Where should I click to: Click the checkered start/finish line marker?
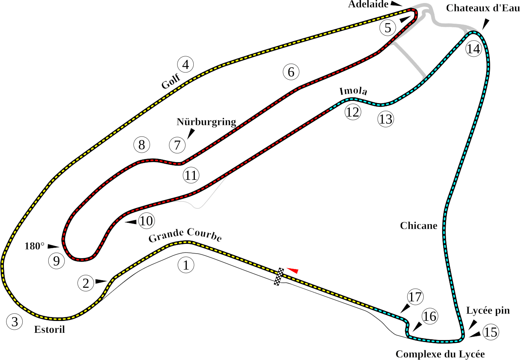point(279,276)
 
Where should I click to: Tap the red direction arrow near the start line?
point(293,270)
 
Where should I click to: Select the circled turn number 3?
point(15,322)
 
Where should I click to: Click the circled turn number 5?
point(388,28)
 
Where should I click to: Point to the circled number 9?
point(56,261)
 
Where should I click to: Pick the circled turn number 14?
point(474,49)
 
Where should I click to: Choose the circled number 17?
point(415,297)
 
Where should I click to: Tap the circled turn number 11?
point(191,175)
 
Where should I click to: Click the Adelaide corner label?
point(368,5)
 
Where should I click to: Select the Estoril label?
point(49,329)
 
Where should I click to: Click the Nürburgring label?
point(206,122)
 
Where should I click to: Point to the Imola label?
point(353,91)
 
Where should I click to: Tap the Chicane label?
point(418,225)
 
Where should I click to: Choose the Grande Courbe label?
point(185,235)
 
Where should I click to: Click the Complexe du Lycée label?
point(440,354)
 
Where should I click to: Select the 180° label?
point(34,246)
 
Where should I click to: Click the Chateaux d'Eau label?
point(482,8)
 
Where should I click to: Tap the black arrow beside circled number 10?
point(131,222)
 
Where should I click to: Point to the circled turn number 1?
point(186,265)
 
